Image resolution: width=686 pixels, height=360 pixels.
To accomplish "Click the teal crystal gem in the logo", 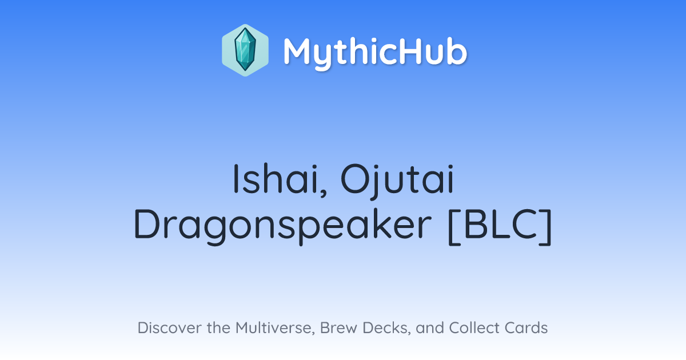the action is pos(245,50).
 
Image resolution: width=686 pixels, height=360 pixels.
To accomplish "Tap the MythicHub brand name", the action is pos(375,53).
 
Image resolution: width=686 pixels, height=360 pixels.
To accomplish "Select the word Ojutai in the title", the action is pos(397,181).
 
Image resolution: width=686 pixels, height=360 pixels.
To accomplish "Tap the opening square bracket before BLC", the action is pos(454,226).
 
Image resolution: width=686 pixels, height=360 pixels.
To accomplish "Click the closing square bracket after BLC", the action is pos(546,226).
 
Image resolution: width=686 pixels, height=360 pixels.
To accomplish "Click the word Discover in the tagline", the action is pos(170,327).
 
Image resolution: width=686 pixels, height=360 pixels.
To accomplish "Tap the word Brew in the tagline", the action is pos(338,327).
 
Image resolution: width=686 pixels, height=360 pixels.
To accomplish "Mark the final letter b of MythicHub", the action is pos(456,50).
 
